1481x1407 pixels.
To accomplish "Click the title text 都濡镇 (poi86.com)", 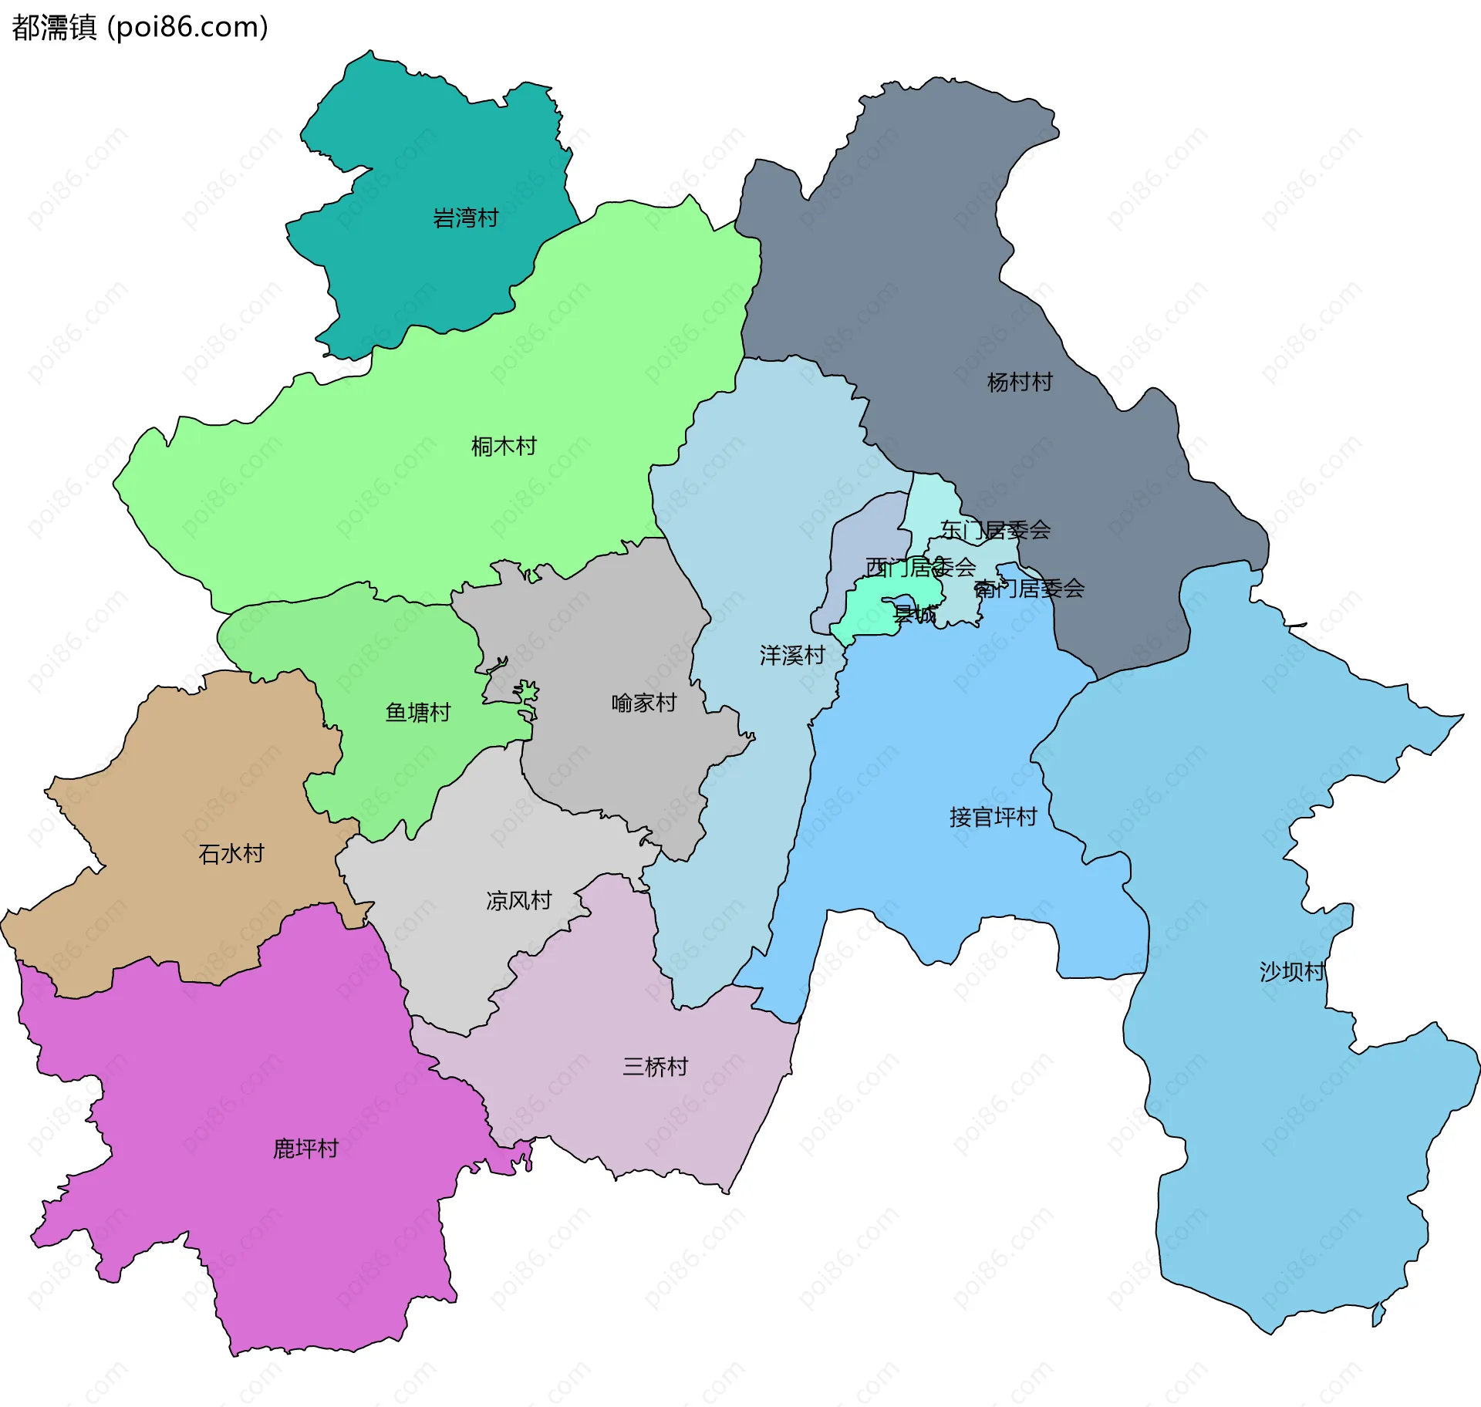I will tap(140, 27).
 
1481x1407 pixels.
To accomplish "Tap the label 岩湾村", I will tap(465, 218).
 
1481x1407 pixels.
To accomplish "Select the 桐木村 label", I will tap(504, 446).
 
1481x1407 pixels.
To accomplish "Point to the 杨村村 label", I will tap(1020, 382).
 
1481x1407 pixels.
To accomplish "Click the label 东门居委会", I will tap(995, 530).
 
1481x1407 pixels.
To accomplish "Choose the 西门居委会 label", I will tap(920, 568).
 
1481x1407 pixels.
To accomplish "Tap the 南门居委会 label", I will tap(1029, 589).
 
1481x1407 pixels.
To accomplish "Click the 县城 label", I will tap(915, 615).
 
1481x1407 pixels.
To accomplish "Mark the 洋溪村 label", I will tap(792, 656).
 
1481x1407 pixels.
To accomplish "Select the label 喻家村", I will tap(643, 703).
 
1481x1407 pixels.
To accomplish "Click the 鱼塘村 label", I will tap(417, 712).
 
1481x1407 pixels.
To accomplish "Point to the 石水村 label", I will tap(231, 853).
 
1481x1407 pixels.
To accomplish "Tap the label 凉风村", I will tap(518, 900).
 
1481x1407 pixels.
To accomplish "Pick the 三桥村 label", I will tap(655, 1067).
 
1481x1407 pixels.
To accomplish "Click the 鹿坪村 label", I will tap(305, 1149).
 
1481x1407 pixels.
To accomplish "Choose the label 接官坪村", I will tap(993, 817).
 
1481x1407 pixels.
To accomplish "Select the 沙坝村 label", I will tap(1291, 971).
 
